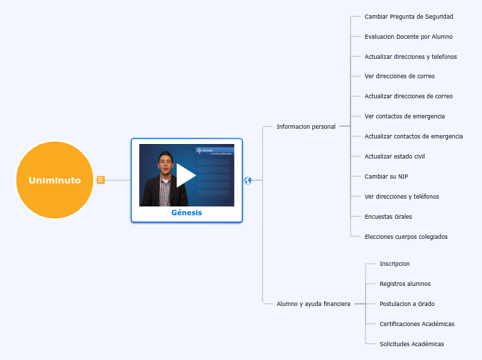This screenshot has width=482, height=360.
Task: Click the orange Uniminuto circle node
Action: pyautogui.click(x=55, y=180)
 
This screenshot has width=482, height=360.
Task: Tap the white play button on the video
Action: pyautogui.click(x=186, y=175)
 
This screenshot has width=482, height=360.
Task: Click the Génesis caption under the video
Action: pyautogui.click(x=187, y=213)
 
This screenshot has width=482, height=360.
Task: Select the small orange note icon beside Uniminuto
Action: pyautogui.click(x=100, y=180)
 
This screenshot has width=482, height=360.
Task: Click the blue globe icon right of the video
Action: pyautogui.click(x=248, y=181)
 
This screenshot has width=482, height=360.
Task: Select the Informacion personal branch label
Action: pyautogui.click(x=306, y=127)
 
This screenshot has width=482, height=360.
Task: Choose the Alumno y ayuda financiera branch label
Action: pyautogui.click(x=313, y=304)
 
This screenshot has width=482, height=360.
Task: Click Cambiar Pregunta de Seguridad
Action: pyautogui.click(x=409, y=17)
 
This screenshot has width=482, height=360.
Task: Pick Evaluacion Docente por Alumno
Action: pyautogui.click(x=409, y=37)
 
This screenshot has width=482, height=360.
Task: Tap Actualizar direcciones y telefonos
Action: pyautogui.click(x=411, y=57)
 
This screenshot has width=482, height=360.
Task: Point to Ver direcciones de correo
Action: pyautogui.click(x=400, y=76)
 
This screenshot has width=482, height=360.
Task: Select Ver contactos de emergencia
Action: pyautogui.click(x=404, y=116)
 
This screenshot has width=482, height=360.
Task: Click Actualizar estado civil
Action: pyautogui.click(x=395, y=156)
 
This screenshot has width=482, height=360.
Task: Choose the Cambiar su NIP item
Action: pyautogui.click(x=386, y=177)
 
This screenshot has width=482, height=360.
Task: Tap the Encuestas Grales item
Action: pyautogui.click(x=388, y=217)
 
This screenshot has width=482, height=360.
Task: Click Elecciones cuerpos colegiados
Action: pyautogui.click(x=406, y=237)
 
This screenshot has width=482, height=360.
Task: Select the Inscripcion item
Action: pyautogui.click(x=395, y=264)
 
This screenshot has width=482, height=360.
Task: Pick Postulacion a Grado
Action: pyautogui.click(x=407, y=304)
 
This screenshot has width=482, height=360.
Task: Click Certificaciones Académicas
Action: pyautogui.click(x=417, y=324)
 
